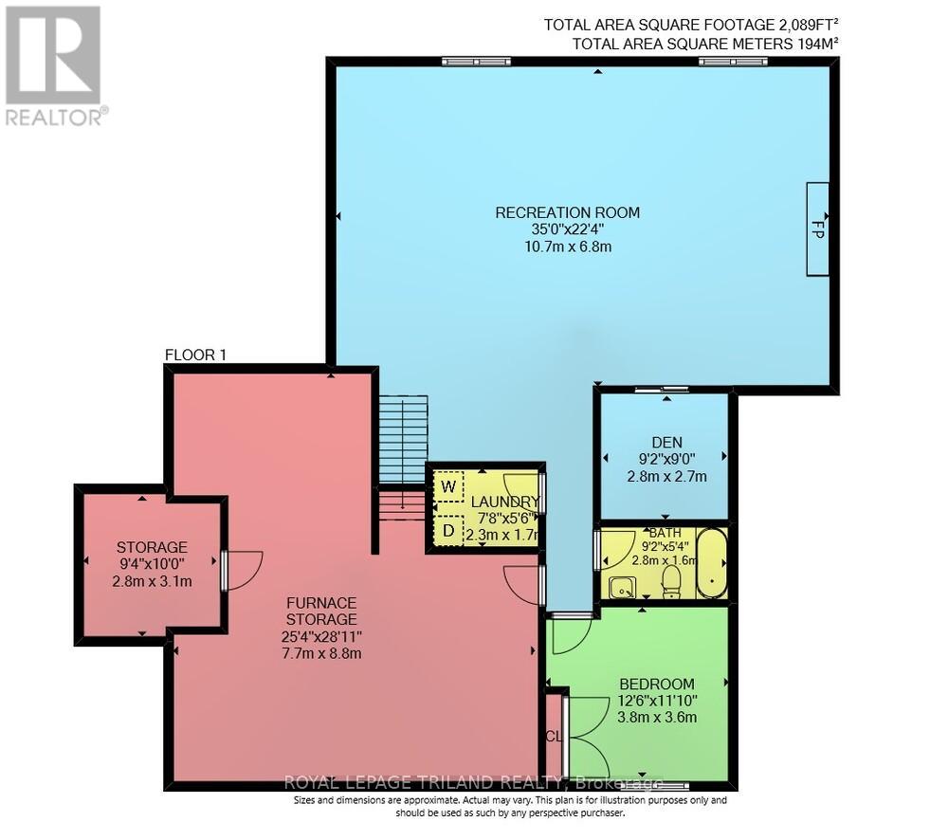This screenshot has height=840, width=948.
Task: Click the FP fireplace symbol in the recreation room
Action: [817, 228]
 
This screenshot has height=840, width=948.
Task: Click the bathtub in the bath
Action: [712, 564]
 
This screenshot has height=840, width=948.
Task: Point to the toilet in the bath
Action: [671, 581]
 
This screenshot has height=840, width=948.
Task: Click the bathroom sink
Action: [621, 588]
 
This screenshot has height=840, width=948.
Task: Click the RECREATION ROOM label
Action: [567, 212]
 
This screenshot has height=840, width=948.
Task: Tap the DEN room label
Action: [666, 441]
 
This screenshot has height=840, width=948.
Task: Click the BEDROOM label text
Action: [656, 684]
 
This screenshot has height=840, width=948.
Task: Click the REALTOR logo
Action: [54, 66]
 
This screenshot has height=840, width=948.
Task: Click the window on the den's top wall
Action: [662, 389]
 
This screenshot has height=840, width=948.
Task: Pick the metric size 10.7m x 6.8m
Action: [567, 247]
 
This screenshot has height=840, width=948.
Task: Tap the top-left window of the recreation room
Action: [476, 62]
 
